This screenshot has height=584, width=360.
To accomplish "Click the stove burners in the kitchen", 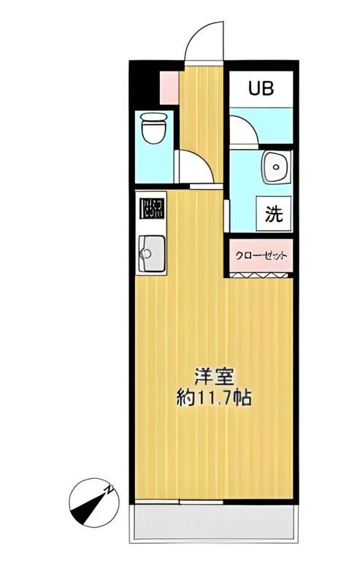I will pyautogui.click(x=151, y=209).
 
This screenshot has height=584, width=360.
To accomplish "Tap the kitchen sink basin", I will pyautogui.click(x=151, y=253).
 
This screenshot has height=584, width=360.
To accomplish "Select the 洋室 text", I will pyautogui.click(x=213, y=377).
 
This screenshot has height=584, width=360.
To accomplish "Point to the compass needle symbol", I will pyautogui.click(x=90, y=503).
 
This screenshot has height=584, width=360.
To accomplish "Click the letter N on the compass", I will pyautogui.click(x=107, y=489).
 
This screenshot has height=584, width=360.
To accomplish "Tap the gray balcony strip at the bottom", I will pyautogui.click(x=213, y=523).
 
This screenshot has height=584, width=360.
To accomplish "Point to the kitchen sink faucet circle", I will pyautogui.click(x=145, y=255).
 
